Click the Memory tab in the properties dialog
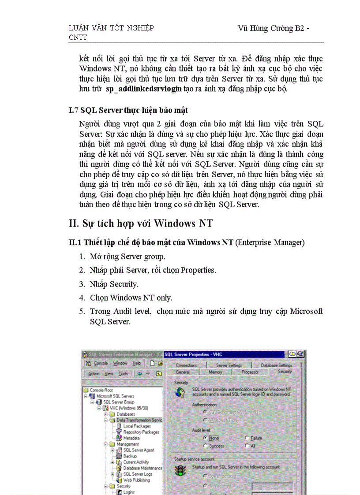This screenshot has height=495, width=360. [x=215, y=372]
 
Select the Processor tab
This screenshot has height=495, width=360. [x=250, y=372]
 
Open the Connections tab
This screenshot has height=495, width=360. [x=186, y=365]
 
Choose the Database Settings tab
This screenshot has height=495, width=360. [x=276, y=365]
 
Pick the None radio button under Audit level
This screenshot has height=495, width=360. [x=206, y=438]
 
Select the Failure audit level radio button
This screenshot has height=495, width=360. [x=247, y=438]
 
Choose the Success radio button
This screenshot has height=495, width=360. [x=206, y=446]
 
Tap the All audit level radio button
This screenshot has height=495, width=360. [x=247, y=446]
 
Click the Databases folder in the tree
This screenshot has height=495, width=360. [x=125, y=414]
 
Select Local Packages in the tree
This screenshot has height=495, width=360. [x=137, y=426]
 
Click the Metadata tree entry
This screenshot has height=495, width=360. [x=131, y=438]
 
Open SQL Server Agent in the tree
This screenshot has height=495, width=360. [x=139, y=450]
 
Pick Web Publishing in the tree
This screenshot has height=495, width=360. [x=136, y=480]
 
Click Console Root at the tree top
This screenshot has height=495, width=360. [x=101, y=390]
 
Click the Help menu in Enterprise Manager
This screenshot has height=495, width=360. [x=137, y=363]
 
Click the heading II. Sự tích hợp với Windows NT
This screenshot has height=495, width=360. [x=141, y=223]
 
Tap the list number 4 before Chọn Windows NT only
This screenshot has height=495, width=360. [x=82, y=298]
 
